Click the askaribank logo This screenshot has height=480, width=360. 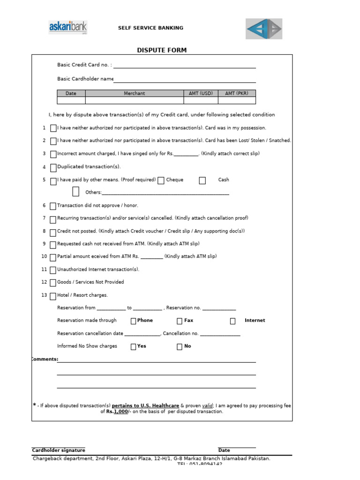pos(68,27)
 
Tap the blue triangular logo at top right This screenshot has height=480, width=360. pos(264,29)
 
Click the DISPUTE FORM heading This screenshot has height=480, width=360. pos(162,50)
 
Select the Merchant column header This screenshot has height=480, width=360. pos(135,93)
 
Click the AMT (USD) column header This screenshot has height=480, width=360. pos(201,93)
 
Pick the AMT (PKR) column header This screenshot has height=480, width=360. pos(237,93)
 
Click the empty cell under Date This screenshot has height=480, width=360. pos(71,100)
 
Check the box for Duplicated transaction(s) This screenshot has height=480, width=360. pos(53,167)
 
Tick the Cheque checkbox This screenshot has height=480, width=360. pos(161,180)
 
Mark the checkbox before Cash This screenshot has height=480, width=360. pos(202,180)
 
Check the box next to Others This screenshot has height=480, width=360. pos(76,191)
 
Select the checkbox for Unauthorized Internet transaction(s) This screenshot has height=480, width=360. pos(53,270)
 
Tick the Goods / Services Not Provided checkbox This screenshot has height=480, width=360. pos(53,283)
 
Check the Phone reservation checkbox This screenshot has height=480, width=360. pos(133,321)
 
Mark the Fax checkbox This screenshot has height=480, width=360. pos(180,321)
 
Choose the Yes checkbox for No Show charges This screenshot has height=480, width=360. pos(133,347)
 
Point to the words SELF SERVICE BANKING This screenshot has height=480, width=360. pos(150,28)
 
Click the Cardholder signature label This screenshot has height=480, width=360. pos(59,450)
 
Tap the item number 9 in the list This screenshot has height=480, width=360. pos(44,244)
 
